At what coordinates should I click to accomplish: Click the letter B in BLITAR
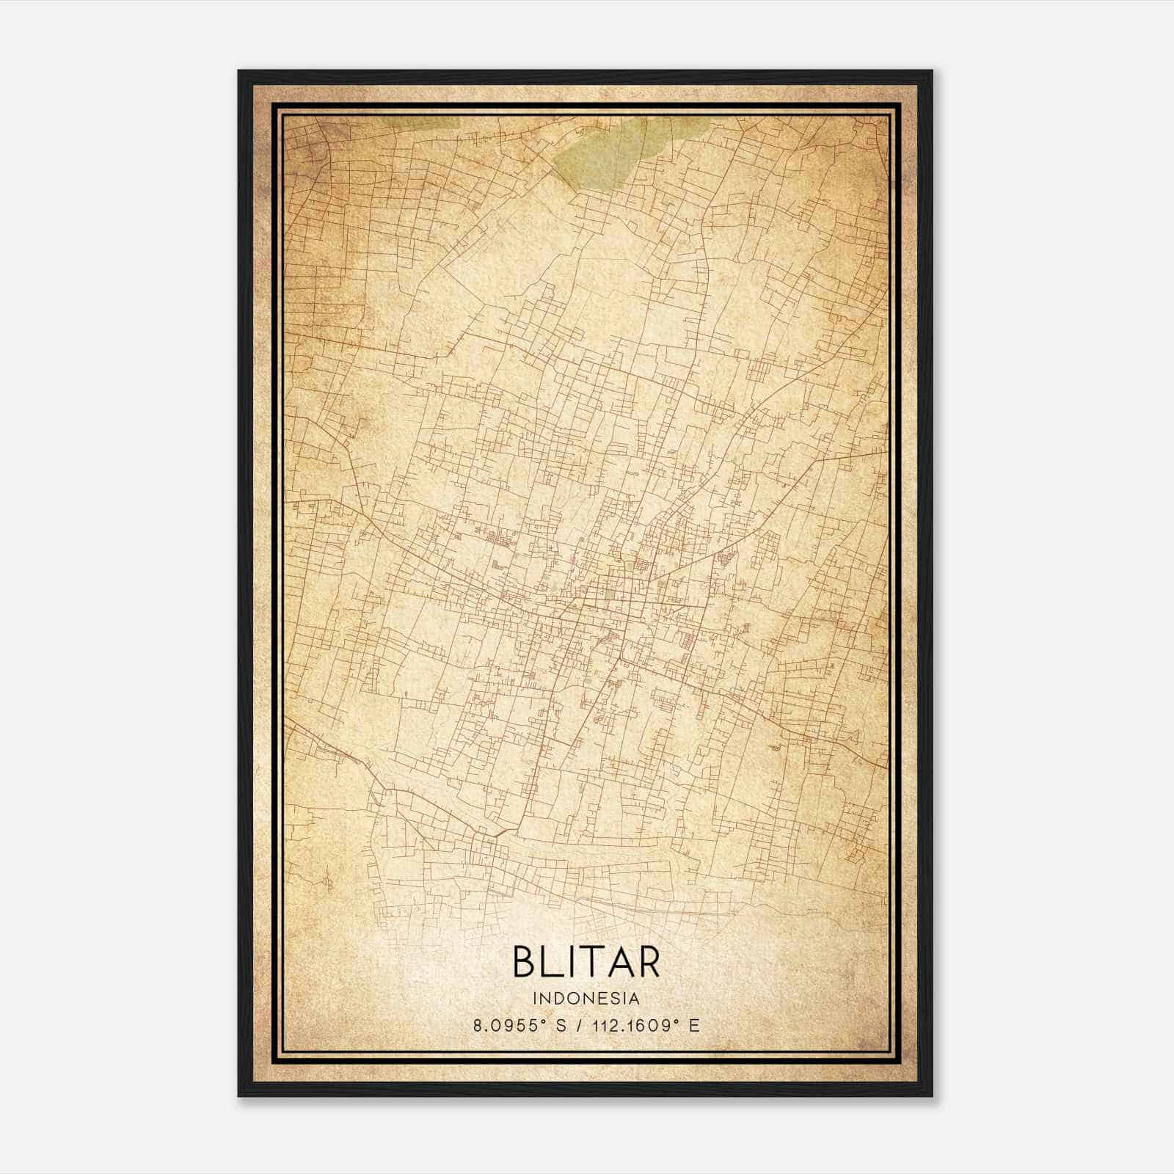pos(527,963)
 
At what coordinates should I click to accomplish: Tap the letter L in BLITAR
pos(555,963)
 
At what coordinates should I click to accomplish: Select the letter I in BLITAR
pos(577,963)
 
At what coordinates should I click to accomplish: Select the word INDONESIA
pos(586,999)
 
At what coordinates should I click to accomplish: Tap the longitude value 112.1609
pos(628,1026)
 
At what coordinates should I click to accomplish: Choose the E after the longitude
pos(693,1026)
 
